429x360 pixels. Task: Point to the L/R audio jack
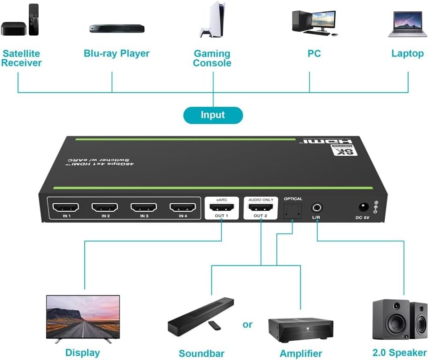[x=317, y=207]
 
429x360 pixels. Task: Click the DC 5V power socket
[x=364, y=207]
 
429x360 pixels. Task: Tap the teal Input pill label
[x=213, y=115]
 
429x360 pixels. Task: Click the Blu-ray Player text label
[x=116, y=53]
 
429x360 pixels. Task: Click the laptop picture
[x=407, y=24]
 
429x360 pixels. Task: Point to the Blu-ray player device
[x=116, y=28]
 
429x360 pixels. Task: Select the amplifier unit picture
[x=300, y=328]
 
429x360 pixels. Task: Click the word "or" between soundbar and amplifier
[x=248, y=325]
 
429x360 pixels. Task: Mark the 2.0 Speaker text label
[x=400, y=353]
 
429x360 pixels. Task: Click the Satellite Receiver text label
[x=21, y=58]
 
